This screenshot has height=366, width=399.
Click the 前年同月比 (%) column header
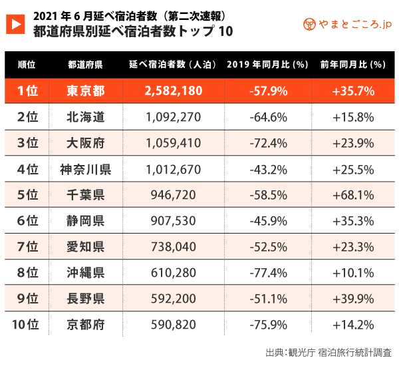[x=352, y=65]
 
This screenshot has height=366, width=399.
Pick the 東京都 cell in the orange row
[x=85, y=91]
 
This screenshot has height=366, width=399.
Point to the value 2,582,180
[x=172, y=91]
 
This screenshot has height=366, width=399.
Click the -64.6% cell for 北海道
[x=268, y=117]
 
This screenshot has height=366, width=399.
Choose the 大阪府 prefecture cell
[x=85, y=143]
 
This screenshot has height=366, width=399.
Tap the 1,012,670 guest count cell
[x=172, y=169]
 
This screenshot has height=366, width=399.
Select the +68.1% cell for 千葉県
[x=352, y=195]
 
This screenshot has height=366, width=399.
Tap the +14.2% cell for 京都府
[x=352, y=325]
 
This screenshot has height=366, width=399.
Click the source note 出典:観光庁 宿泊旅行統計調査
[x=328, y=351]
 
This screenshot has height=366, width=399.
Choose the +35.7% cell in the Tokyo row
[x=352, y=91]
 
